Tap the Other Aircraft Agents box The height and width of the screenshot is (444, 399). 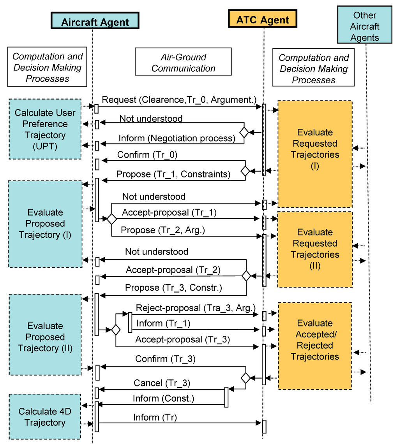365,26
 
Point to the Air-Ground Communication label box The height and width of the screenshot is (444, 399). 183,63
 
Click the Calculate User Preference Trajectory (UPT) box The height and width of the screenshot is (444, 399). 45,129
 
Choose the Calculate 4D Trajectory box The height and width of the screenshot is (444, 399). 45,417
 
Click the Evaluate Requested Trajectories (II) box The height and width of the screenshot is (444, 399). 315,249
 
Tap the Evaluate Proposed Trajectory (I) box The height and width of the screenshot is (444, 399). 45,224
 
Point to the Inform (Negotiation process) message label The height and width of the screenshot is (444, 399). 177,138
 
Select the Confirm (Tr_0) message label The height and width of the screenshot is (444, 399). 147,154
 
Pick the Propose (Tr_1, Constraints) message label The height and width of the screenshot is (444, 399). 173,174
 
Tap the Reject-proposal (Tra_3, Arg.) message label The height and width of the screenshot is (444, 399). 195,308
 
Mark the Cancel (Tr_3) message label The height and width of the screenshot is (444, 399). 162,383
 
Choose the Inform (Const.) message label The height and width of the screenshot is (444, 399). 163,398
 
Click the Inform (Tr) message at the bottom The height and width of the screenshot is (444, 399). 155,417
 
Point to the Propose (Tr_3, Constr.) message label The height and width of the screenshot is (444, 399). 173,288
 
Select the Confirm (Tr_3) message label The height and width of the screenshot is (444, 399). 165,359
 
